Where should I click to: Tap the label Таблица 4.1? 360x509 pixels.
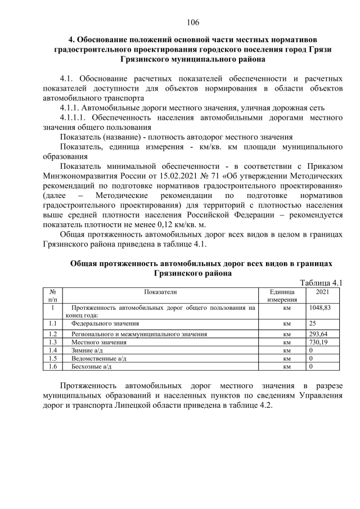[x=321, y=283]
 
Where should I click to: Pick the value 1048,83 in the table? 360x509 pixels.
[x=320, y=308]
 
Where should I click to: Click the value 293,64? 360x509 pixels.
[x=318, y=334]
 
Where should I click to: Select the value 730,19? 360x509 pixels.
[x=318, y=342]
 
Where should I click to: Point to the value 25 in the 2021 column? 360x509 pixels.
[x=313, y=324]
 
